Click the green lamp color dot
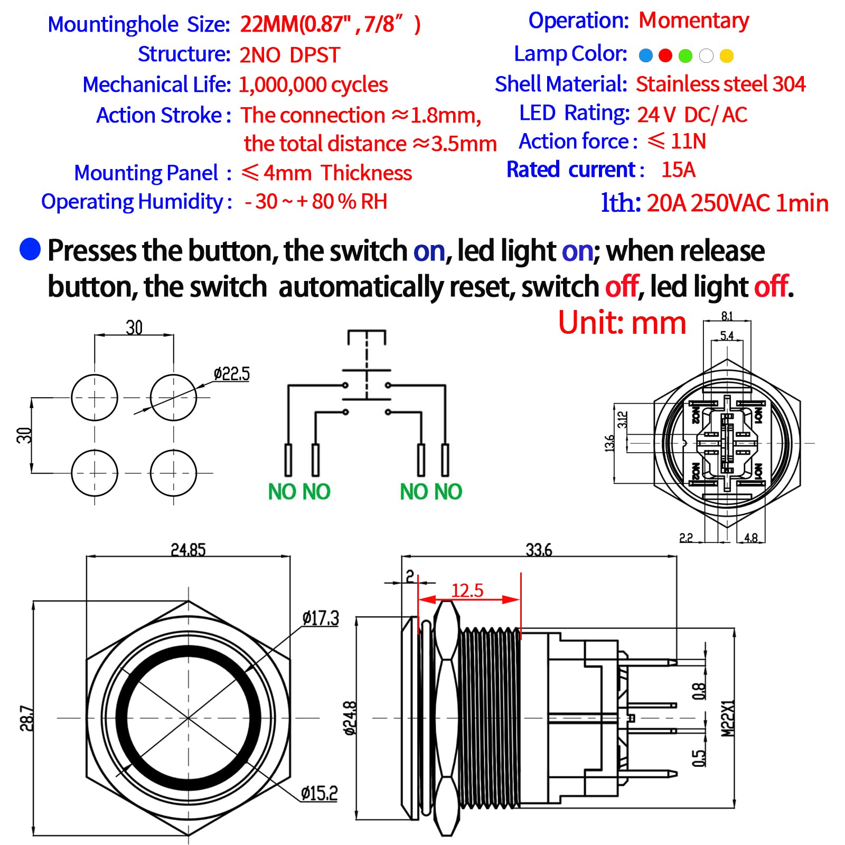coord(685,55)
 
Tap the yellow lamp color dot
coord(727,55)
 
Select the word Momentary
coord(693,21)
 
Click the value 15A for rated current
coord(678,170)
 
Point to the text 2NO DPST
coord(289,55)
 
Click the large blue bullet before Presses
coord(30,249)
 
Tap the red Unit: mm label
coord(622,323)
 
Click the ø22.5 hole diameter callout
coord(231,374)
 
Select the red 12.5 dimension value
coord(467,590)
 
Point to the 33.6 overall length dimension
coord(539,550)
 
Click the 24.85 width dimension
coord(188,550)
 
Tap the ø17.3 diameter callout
coord(321,618)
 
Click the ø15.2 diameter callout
coord(319,793)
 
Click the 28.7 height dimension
coord(26,718)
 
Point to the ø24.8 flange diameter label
coord(350,718)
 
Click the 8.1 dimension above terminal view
coord(727,316)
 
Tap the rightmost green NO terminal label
coord(449,492)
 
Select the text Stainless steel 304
coord(720,84)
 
